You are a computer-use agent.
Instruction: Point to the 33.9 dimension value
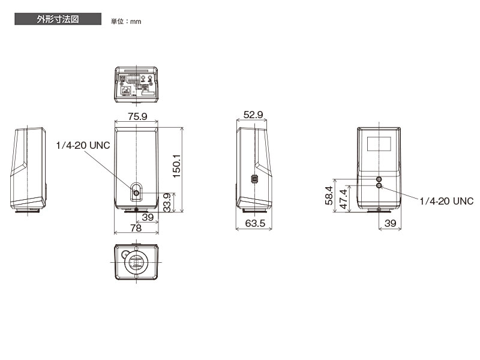(170, 202)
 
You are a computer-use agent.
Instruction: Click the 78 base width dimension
(136, 228)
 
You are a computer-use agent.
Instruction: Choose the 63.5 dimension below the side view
(254, 224)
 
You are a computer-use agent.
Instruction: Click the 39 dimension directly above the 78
(148, 217)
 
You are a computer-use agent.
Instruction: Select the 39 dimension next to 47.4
(390, 223)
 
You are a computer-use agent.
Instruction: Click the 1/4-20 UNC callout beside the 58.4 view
(446, 201)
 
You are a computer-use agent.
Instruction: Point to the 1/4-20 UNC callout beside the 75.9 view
(83, 145)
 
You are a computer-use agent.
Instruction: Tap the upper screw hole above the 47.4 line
(379, 179)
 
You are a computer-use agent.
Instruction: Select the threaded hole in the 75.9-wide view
(136, 193)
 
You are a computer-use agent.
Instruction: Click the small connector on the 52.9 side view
(254, 179)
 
